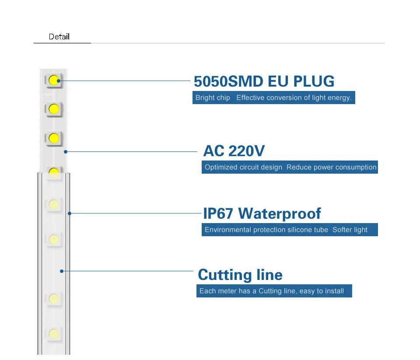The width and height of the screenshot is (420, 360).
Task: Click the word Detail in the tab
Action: [x=59, y=37]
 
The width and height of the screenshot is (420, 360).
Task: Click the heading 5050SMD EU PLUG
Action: [x=264, y=81]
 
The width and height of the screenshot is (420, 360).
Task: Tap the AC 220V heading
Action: [x=234, y=151]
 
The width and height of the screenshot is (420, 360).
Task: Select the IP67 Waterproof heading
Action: [x=262, y=213]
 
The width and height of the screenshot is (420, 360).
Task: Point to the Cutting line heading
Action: [x=240, y=275]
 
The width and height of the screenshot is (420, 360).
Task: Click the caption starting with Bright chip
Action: [x=273, y=98]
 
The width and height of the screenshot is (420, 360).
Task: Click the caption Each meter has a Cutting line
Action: [x=271, y=291]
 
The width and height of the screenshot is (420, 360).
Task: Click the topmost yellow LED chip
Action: [x=54, y=80]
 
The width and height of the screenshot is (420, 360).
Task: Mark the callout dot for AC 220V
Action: [x=65, y=152]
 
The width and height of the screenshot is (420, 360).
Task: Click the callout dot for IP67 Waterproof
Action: [x=70, y=213]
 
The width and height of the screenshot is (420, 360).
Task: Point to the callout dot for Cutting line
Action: [x=62, y=271]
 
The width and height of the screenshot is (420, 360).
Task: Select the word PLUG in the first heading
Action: [x=313, y=81]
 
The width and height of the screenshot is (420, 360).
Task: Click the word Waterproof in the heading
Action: [x=280, y=213]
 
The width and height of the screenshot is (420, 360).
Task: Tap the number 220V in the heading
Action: [x=247, y=151]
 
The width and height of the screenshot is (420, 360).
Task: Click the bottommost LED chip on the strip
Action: [x=54, y=334]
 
